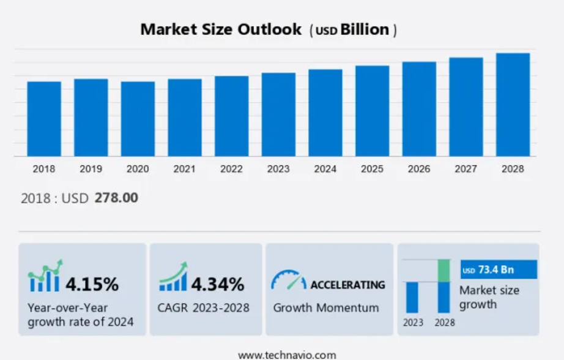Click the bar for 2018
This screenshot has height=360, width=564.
pyautogui.click(x=44, y=119)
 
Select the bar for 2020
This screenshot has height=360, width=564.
pyautogui.click(x=138, y=119)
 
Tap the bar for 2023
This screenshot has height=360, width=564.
pyautogui.click(x=278, y=114)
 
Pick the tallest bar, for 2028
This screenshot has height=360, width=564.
pyautogui.click(x=513, y=105)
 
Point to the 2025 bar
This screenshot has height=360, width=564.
pyautogui.click(x=372, y=111)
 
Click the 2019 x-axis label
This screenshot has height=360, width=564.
pyautogui.click(x=91, y=169)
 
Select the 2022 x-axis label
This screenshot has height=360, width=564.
pyautogui.click(x=231, y=169)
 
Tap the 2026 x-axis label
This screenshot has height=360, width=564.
pyautogui.click(x=419, y=169)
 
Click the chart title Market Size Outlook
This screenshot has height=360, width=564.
pyautogui.click(x=221, y=29)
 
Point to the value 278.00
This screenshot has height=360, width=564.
pyautogui.click(x=116, y=198)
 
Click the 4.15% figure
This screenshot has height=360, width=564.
pyautogui.click(x=92, y=284)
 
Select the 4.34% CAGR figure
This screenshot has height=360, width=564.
pyautogui.click(x=218, y=284)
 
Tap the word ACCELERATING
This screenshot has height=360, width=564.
pyautogui.click(x=347, y=285)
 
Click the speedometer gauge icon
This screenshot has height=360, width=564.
pyautogui.click(x=288, y=280)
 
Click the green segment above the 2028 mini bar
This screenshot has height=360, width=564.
pyautogui.click(x=443, y=271)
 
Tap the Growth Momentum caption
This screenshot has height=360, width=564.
pyautogui.click(x=326, y=307)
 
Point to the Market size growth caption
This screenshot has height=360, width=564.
pyautogui.click(x=489, y=297)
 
